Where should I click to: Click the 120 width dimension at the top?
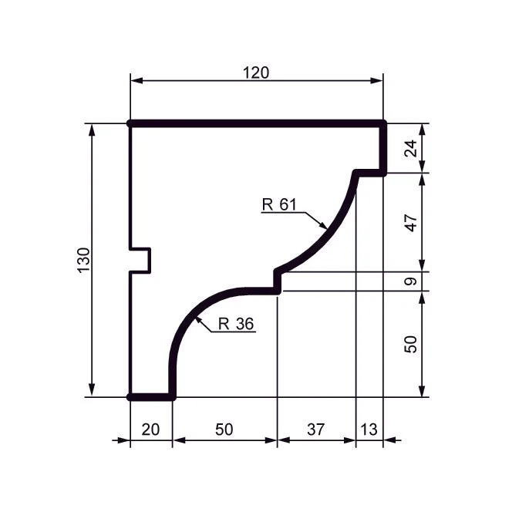click(256, 72)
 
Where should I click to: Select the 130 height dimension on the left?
click(84, 260)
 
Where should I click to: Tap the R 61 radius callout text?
click(279, 204)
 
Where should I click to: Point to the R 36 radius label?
click(236, 324)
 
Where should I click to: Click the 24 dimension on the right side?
click(411, 148)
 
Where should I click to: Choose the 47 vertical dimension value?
click(411, 223)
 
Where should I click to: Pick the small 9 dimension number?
click(411, 281)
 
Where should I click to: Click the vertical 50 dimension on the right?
click(411, 344)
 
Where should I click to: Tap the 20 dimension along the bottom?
click(150, 430)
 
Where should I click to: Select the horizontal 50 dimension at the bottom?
click(224, 430)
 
